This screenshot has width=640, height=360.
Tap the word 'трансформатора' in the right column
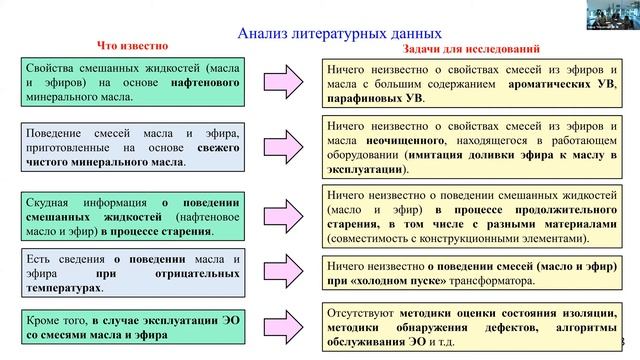coord(514,281)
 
